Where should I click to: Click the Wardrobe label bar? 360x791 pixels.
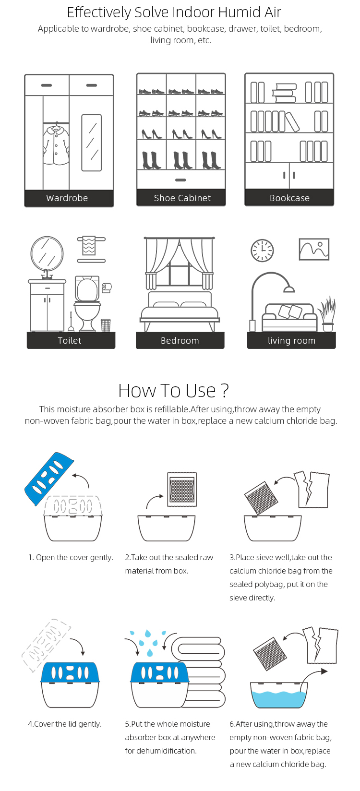[x=69, y=198]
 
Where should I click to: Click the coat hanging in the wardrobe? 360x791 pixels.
[x=56, y=145]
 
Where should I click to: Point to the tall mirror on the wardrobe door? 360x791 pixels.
[x=92, y=143]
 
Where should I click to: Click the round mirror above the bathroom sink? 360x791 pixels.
[x=47, y=253]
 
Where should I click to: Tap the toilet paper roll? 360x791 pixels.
[x=107, y=288]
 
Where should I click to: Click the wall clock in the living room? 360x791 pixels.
[x=262, y=251]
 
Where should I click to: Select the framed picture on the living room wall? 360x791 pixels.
[x=314, y=249]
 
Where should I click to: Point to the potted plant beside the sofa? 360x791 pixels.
[x=327, y=314]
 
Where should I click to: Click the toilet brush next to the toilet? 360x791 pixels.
[x=71, y=323]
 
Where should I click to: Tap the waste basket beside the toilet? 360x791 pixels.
[x=106, y=325]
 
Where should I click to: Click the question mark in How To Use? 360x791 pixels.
[x=225, y=391]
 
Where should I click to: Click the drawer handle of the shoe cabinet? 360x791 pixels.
[x=180, y=180]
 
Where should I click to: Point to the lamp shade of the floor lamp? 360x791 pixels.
[x=289, y=289]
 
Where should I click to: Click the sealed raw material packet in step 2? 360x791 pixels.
[x=182, y=490]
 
